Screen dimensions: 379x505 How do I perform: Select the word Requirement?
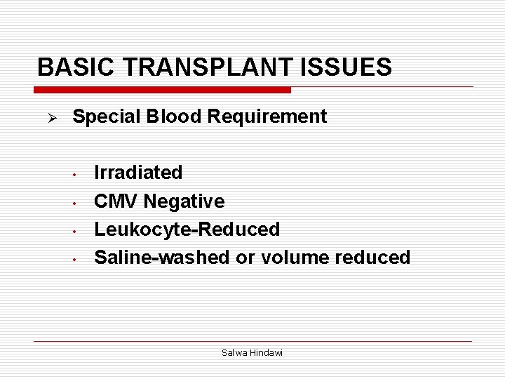[x=266, y=117]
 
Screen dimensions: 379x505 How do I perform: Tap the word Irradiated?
[x=138, y=173]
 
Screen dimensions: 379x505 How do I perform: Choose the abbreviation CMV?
[x=116, y=201]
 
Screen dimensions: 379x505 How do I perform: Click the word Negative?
[x=184, y=201]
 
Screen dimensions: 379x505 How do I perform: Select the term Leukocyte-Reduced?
[x=187, y=230]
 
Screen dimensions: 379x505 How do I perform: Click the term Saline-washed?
[x=162, y=258]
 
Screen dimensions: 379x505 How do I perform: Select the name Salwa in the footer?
[x=233, y=353]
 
